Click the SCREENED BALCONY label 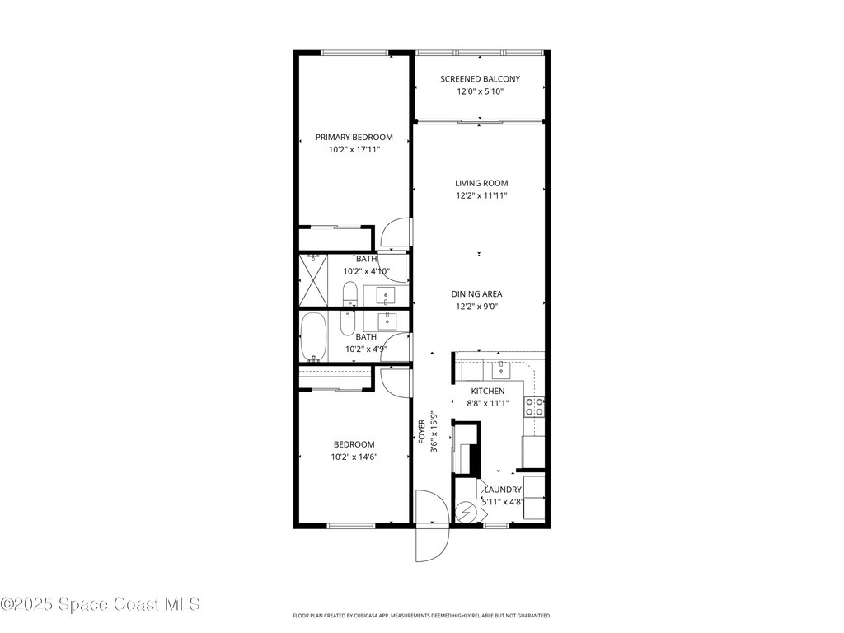480,79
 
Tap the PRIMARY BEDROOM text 354,137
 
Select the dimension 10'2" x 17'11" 354,150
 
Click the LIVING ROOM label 481,183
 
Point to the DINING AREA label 476,293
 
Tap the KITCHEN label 488,391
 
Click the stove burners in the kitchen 535,406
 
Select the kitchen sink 500,368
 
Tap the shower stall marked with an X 314,280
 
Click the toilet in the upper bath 349,293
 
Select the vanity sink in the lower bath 386,321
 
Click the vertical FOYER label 421,433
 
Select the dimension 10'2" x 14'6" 354,457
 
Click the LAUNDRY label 503,490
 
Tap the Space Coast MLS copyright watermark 101,604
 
